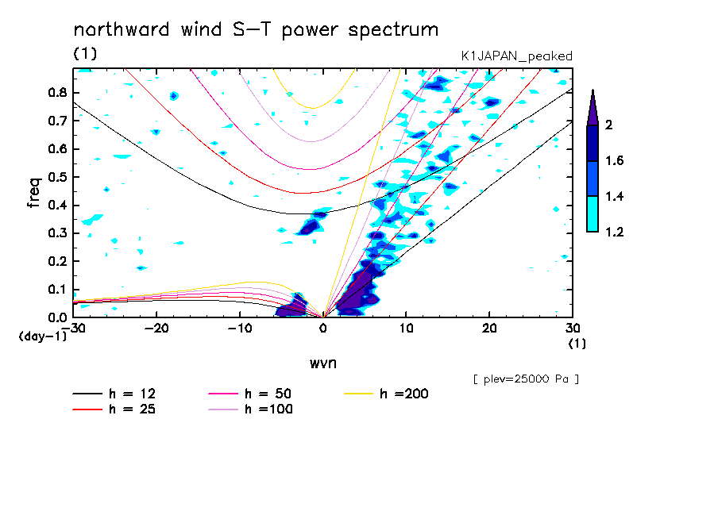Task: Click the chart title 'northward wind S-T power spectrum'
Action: (x=256, y=30)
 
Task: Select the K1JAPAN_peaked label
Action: (x=517, y=56)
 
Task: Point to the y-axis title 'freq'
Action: (x=34, y=192)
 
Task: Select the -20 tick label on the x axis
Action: (x=156, y=329)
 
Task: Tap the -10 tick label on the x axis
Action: (x=240, y=329)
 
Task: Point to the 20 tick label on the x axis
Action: (x=489, y=329)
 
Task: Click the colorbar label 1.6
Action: (x=615, y=161)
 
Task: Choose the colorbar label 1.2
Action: (x=615, y=232)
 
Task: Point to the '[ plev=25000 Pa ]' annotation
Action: (x=526, y=379)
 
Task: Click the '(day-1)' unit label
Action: (x=42, y=336)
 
